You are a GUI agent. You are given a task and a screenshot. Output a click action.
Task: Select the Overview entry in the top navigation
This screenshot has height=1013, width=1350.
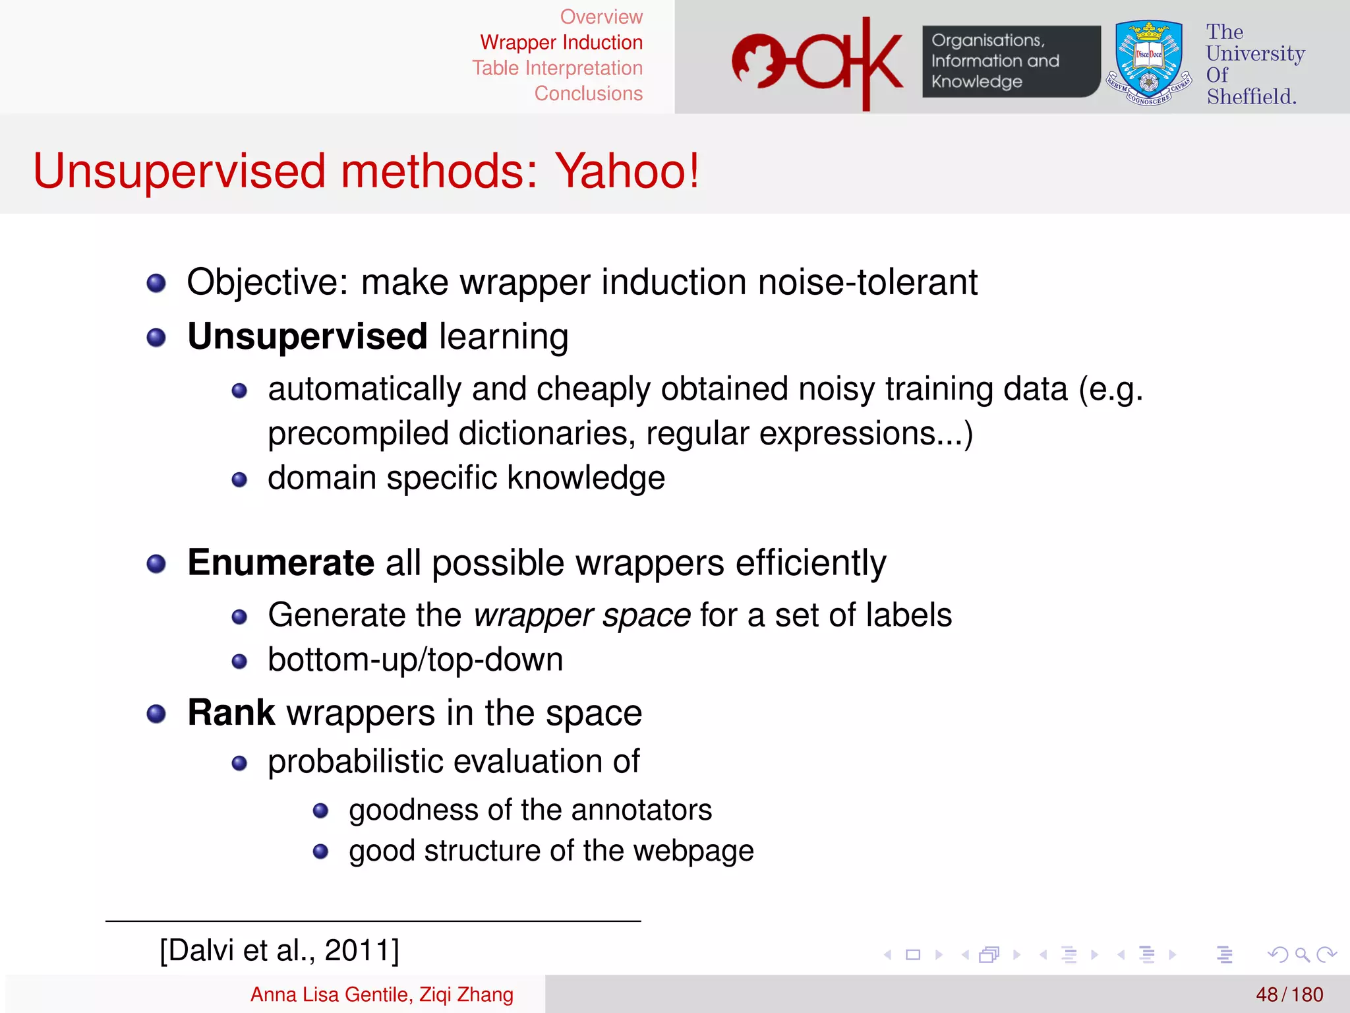pyautogui.click(x=601, y=16)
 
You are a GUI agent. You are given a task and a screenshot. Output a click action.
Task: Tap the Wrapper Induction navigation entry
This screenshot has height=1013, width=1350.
pyautogui.click(x=561, y=42)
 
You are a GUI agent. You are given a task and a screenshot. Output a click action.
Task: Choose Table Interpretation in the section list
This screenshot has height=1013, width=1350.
pyautogui.click(x=557, y=68)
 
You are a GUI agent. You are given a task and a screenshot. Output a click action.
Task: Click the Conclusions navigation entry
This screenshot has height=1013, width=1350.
pyautogui.click(x=588, y=94)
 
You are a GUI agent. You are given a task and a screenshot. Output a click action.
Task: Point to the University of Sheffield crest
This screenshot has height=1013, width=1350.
pyautogui.click(x=1149, y=63)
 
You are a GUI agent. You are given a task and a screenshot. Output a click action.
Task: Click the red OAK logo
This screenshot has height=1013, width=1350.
pyautogui.click(x=817, y=63)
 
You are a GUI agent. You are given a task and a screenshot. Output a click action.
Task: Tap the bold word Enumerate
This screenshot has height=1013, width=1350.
pyautogui.click(x=281, y=563)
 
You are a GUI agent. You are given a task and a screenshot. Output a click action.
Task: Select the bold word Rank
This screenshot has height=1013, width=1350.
pyautogui.click(x=231, y=712)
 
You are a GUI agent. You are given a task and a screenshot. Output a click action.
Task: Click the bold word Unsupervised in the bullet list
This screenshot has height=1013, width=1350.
pyautogui.click(x=307, y=336)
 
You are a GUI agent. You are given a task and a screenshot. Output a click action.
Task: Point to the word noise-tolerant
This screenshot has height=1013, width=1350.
pyautogui.click(x=867, y=282)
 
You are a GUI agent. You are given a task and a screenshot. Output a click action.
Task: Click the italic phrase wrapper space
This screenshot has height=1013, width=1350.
pyautogui.click(x=582, y=615)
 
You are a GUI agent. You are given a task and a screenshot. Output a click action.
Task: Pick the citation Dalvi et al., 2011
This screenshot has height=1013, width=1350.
pyautogui.click(x=279, y=950)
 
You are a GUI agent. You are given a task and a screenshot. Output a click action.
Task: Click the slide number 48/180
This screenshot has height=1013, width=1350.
pyautogui.click(x=1289, y=995)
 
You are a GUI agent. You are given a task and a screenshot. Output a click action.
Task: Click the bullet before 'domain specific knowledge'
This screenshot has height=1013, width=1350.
pyautogui.click(x=239, y=479)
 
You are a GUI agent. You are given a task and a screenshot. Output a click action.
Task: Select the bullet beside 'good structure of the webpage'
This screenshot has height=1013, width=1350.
pyautogui.click(x=321, y=851)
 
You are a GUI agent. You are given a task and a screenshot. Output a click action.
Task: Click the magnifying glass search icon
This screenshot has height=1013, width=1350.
pyautogui.click(x=1302, y=954)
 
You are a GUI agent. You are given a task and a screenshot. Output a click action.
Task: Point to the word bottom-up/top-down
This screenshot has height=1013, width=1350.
pyautogui.click(x=415, y=660)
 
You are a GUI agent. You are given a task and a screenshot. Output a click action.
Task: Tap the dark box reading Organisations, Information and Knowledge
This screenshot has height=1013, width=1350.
pyautogui.click(x=1011, y=61)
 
